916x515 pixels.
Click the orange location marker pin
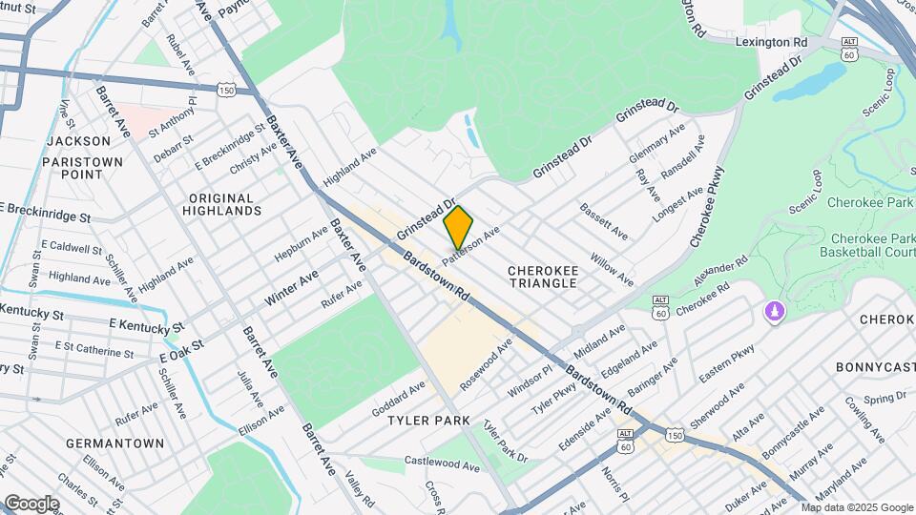pyautogui.click(x=458, y=227)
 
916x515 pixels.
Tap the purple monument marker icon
pyautogui.click(x=774, y=312)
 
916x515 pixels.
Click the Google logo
pyautogui.click(x=31, y=503)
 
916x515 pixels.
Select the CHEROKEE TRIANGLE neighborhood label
pyautogui.click(x=542, y=277)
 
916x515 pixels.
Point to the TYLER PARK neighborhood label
pyautogui.click(x=428, y=421)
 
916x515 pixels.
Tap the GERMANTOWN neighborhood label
pyautogui.click(x=102, y=443)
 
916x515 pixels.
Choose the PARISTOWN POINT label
pyautogui.click(x=83, y=168)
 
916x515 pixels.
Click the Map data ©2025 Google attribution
pyautogui.click(x=855, y=507)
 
